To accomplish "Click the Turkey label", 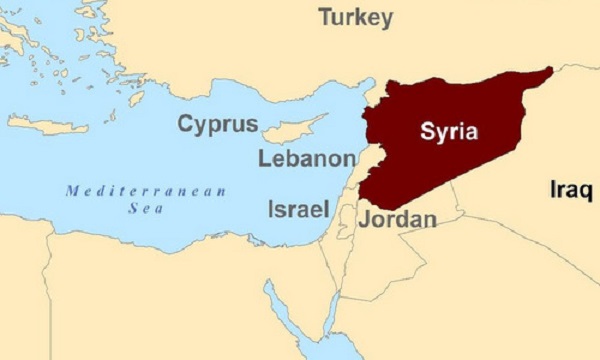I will (x=356, y=17).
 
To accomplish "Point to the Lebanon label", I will (x=306, y=159).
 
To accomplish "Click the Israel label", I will (x=298, y=209).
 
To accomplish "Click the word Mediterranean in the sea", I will (x=146, y=190).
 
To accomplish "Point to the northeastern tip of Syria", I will (x=547, y=72).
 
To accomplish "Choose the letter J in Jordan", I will (x=365, y=218).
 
